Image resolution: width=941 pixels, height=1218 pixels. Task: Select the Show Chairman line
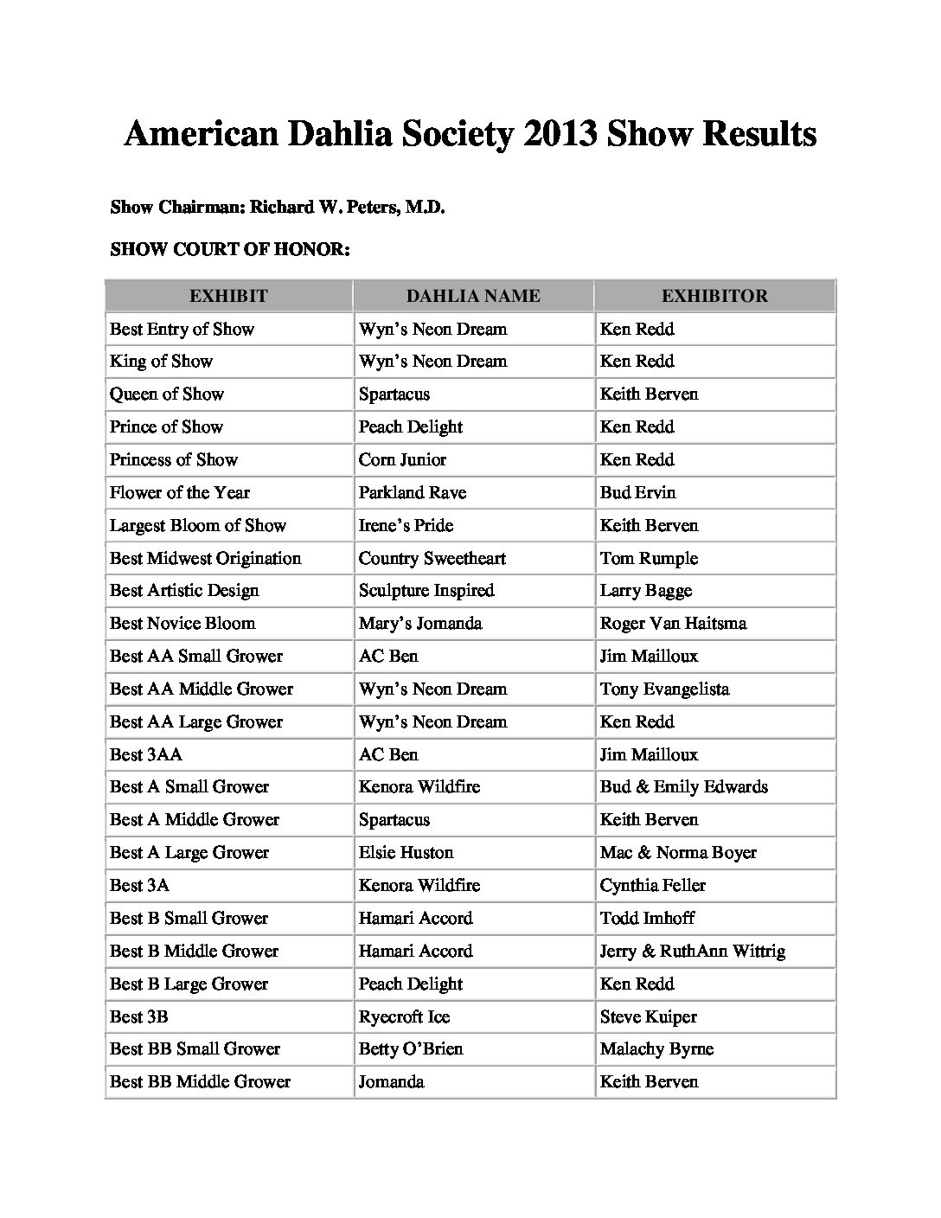tap(278, 208)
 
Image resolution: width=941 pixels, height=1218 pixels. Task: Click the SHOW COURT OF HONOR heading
tap(230, 250)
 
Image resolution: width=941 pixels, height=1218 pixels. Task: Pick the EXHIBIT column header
tap(228, 296)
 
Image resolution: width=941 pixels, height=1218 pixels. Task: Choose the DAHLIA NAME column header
tap(473, 296)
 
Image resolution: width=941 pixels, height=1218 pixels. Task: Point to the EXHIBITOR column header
tap(714, 296)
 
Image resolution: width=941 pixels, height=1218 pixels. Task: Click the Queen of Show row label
tap(167, 394)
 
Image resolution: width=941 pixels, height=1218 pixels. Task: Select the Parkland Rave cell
tap(413, 493)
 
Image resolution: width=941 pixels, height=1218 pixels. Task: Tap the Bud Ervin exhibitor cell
tap(638, 493)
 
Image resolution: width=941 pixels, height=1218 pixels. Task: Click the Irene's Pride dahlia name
tap(406, 526)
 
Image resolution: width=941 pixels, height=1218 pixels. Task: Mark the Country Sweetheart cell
tap(432, 559)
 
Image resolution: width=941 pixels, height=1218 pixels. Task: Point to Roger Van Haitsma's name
tap(674, 624)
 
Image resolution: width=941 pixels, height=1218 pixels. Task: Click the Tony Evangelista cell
tap(665, 689)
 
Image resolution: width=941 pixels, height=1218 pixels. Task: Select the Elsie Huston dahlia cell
tap(406, 853)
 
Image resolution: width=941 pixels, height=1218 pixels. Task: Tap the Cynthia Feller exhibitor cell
tap(653, 886)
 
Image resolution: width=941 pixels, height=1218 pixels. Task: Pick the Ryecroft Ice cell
tap(405, 1017)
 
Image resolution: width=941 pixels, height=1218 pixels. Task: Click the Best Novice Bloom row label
tap(182, 624)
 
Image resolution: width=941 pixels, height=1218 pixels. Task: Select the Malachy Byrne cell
tap(657, 1049)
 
